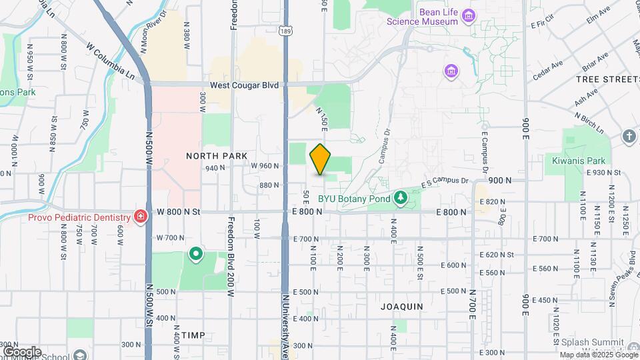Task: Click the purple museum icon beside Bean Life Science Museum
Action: point(469,15)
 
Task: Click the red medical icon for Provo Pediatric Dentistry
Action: point(141,217)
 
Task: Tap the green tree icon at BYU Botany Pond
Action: point(400,197)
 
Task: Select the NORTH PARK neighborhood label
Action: point(217,155)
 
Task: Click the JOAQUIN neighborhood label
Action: point(401,307)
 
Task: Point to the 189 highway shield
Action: point(285,31)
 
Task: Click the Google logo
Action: point(22,351)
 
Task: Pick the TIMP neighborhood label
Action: point(193,335)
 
